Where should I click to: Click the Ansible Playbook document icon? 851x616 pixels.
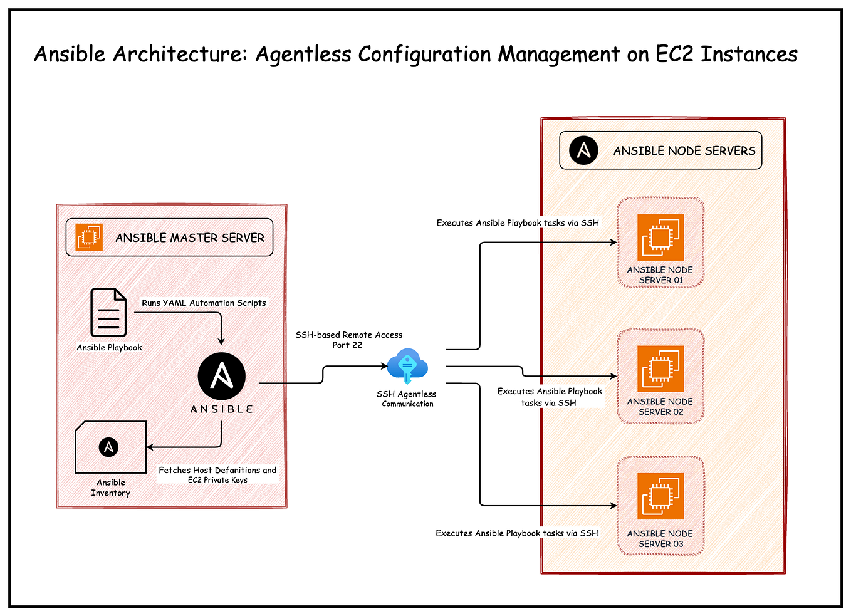coord(108,312)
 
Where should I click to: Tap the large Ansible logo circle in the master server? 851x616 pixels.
coord(221,376)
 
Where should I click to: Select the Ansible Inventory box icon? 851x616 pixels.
coord(110,447)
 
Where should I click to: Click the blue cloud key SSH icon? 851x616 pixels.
coord(407,366)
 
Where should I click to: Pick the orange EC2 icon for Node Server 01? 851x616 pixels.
coord(660,238)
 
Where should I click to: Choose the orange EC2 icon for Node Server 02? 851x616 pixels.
coord(660,369)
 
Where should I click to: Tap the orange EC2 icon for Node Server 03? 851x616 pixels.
coord(660,496)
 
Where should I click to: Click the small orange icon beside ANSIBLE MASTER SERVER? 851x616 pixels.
coord(89,237)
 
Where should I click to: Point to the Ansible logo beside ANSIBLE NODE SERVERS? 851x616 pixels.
coord(583,150)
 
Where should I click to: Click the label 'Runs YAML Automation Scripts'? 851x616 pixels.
coord(204,303)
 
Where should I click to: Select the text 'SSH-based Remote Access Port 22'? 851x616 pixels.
coord(348,340)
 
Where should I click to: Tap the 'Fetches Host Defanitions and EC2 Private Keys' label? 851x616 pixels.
coord(217,474)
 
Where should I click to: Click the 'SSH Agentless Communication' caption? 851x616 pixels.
coord(407,399)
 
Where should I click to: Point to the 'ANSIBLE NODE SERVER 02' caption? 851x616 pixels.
coord(660,406)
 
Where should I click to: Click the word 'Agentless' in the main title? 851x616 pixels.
coord(303,55)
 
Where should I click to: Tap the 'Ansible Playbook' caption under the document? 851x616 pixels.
coord(109,347)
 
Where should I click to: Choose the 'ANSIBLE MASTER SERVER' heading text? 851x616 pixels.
coord(189,238)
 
